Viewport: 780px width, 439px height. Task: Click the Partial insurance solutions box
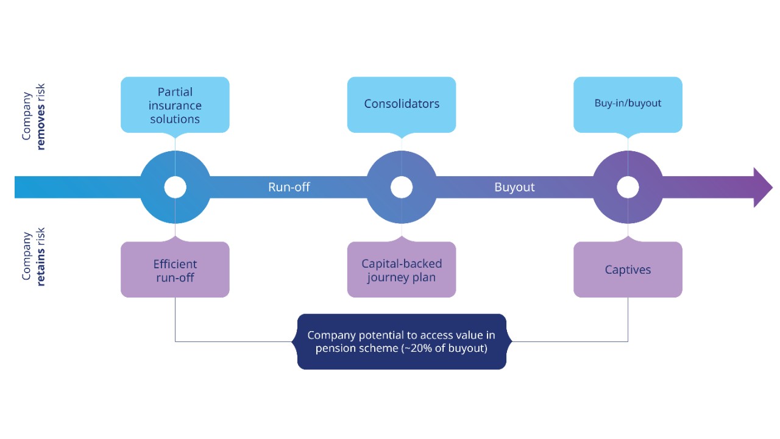[x=175, y=104]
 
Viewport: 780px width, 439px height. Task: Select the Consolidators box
[x=402, y=104]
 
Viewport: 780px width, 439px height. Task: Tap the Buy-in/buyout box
[x=628, y=104]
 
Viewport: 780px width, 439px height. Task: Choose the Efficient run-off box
[x=175, y=269]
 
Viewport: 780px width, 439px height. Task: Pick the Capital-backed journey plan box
[x=402, y=269]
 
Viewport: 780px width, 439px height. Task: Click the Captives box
[x=628, y=269]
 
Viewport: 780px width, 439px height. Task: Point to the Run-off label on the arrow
[x=289, y=187]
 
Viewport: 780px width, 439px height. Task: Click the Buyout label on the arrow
[x=514, y=187]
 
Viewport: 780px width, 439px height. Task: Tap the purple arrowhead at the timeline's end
[x=762, y=187]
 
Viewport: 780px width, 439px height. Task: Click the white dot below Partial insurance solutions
[x=175, y=187]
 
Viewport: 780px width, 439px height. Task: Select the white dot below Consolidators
[x=402, y=187]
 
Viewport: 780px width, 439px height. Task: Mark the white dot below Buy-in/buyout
[x=628, y=187]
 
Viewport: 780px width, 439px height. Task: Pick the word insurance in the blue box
[x=175, y=105]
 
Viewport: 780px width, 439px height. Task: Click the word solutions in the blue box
[x=175, y=119]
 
